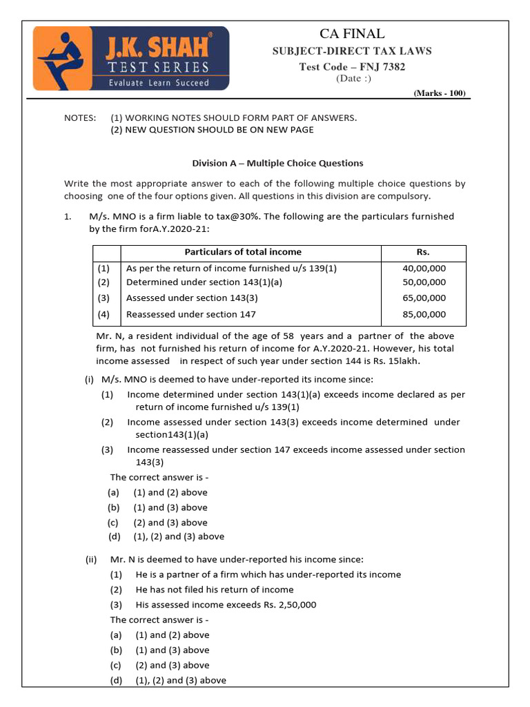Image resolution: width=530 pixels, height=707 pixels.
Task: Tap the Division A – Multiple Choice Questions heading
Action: click(277, 164)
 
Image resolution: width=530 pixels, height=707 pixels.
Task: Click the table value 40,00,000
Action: click(424, 268)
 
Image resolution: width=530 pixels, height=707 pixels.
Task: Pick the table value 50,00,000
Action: click(424, 282)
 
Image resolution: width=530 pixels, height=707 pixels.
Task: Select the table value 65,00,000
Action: click(424, 298)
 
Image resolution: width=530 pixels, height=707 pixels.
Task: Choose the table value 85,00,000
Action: click(424, 314)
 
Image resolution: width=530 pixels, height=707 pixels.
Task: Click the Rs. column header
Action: click(424, 252)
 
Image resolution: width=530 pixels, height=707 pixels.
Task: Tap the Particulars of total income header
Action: click(243, 252)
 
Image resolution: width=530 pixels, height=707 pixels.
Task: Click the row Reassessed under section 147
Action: click(190, 314)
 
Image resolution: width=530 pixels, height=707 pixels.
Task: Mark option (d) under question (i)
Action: click(114, 536)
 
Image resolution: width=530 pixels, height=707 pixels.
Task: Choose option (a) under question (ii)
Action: click(115, 635)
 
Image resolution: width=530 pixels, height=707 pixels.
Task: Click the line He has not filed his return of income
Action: click(215, 590)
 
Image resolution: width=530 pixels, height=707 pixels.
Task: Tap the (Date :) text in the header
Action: click(353, 79)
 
